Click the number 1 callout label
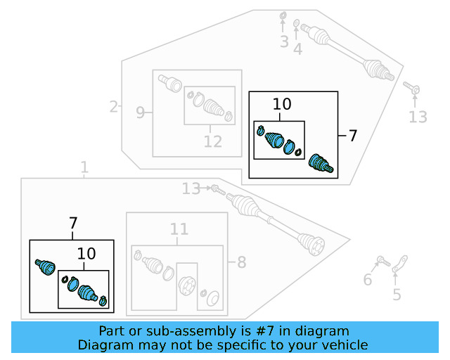(84, 168)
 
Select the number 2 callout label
(114, 107)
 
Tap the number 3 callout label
(284, 42)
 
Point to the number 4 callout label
(298, 49)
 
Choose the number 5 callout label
(397, 295)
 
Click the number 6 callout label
(367, 281)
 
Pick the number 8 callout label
(241, 263)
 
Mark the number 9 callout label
(140, 112)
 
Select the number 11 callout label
(179, 229)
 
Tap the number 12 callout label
(212, 141)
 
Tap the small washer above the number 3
(283, 15)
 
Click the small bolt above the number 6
(382, 262)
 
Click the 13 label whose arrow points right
(191, 188)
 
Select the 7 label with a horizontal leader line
(353, 136)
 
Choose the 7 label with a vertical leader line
(73, 224)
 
